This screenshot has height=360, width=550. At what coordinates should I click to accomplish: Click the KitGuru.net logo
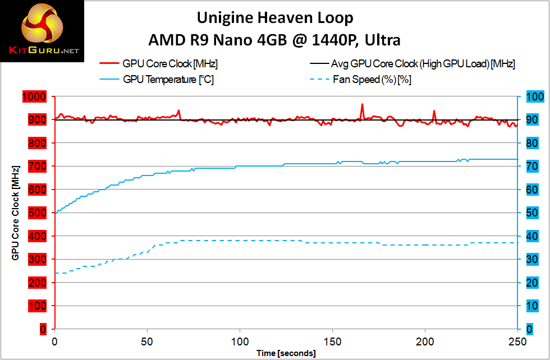click(43, 31)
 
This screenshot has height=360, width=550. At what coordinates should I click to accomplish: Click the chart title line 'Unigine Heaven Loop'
click(275, 18)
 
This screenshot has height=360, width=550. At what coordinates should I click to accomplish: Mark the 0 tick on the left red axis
click(43, 329)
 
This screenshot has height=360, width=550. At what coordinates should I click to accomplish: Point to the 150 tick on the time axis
click(332, 342)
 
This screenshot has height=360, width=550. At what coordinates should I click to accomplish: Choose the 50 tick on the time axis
click(147, 342)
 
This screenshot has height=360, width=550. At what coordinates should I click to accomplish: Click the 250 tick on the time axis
click(517, 342)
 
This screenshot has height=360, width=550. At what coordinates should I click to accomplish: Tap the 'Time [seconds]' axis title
click(286, 353)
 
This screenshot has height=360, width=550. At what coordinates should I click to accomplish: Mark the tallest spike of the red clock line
click(362, 104)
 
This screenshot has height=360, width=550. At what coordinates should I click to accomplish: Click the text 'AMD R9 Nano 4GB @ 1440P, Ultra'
click(275, 40)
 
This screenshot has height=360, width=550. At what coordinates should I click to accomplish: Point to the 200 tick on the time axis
click(425, 342)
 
